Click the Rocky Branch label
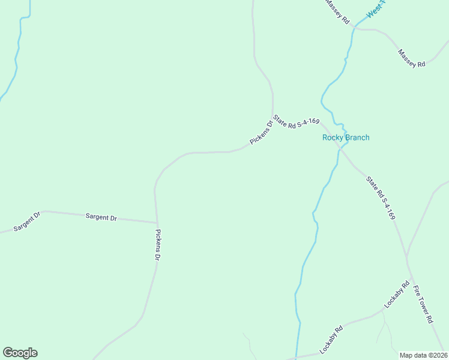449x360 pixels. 346,137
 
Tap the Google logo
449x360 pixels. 20,353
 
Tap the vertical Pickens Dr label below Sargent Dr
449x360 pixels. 158,244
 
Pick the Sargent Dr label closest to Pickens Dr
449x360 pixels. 101,217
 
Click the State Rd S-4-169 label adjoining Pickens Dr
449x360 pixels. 295,122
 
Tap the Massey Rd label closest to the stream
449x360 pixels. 337,12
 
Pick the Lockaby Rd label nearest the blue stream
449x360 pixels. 331,338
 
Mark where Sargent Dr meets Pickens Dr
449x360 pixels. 157,222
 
